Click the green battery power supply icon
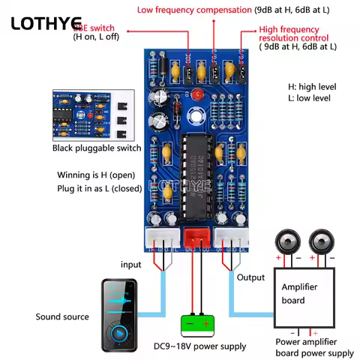(x=196, y=323)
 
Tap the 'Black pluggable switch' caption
(x=97, y=148)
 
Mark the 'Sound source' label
(x=62, y=317)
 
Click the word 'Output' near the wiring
(x=250, y=277)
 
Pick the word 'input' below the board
(x=130, y=265)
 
